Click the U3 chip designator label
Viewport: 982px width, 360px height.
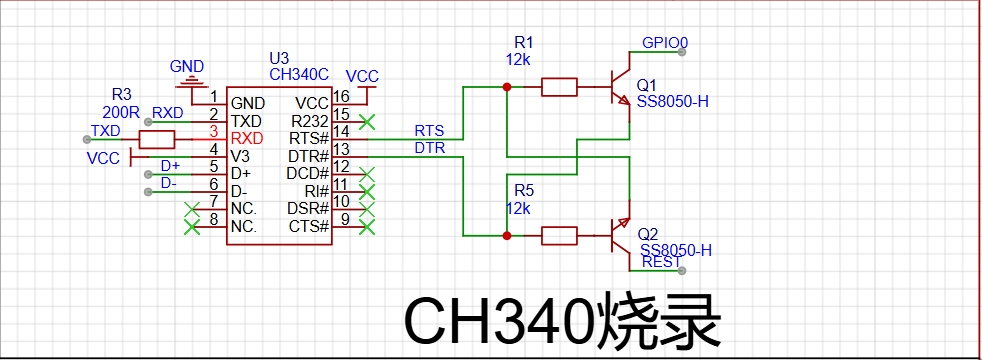(279, 59)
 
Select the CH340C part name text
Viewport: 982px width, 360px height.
(299, 75)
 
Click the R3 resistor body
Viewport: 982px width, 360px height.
(157, 140)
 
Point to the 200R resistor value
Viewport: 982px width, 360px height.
(121, 113)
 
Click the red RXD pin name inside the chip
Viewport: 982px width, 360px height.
(247, 138)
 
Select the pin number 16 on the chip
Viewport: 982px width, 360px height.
(341, 96)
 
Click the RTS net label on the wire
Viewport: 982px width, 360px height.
(429, 131)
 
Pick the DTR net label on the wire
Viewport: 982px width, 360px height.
(430, 148)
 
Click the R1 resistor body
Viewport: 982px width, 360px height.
(559, 87)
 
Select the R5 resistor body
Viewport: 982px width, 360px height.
(559, 236)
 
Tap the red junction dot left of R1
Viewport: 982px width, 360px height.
(507, 87)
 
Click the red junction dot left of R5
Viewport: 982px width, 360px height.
(507, 236)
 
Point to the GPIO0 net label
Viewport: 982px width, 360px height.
(665, 43)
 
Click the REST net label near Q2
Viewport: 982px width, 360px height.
(661, 262)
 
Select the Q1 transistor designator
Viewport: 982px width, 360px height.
(648, 86)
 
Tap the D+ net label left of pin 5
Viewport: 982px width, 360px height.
(170, 166)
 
